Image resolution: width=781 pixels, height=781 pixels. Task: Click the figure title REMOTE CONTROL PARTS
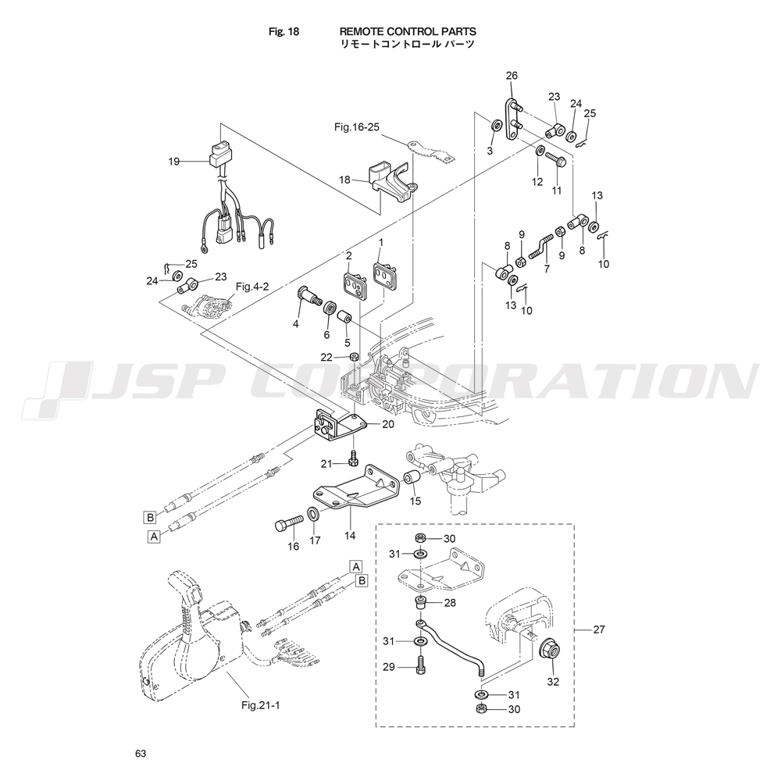point(408,31)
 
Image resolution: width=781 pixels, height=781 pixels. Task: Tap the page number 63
point(141,754)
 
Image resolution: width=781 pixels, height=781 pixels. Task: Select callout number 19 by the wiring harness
point(173,162)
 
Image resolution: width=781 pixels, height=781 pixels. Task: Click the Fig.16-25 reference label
point(357,127)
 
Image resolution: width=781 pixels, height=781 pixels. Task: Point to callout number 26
point(512,76)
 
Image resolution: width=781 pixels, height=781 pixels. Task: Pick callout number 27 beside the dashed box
point(598,629)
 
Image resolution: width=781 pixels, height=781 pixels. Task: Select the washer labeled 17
point(313,516)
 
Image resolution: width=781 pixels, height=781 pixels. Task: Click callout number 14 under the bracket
point(350,536)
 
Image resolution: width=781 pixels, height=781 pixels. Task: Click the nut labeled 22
point(355,357)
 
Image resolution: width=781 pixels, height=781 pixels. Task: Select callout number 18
point(344,180)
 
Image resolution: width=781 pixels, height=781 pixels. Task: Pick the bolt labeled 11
point(558,160)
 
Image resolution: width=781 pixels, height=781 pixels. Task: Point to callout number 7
point(546,268)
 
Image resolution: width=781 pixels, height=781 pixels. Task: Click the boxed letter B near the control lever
point(362,580)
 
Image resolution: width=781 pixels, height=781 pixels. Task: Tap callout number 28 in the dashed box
point(449,604)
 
